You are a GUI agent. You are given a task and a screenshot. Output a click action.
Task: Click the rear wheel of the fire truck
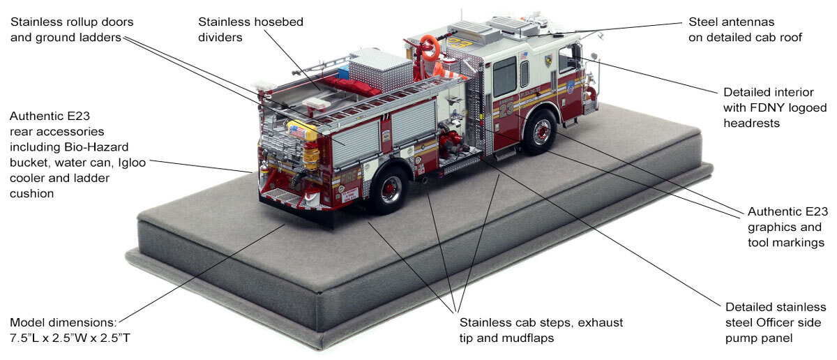coord(389,189)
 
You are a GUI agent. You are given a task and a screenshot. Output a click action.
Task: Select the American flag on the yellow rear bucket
coord(297,130)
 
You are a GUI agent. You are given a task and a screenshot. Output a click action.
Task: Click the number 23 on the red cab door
coord(506,109)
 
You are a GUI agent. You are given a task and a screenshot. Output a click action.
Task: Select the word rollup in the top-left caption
coord(84,22)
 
